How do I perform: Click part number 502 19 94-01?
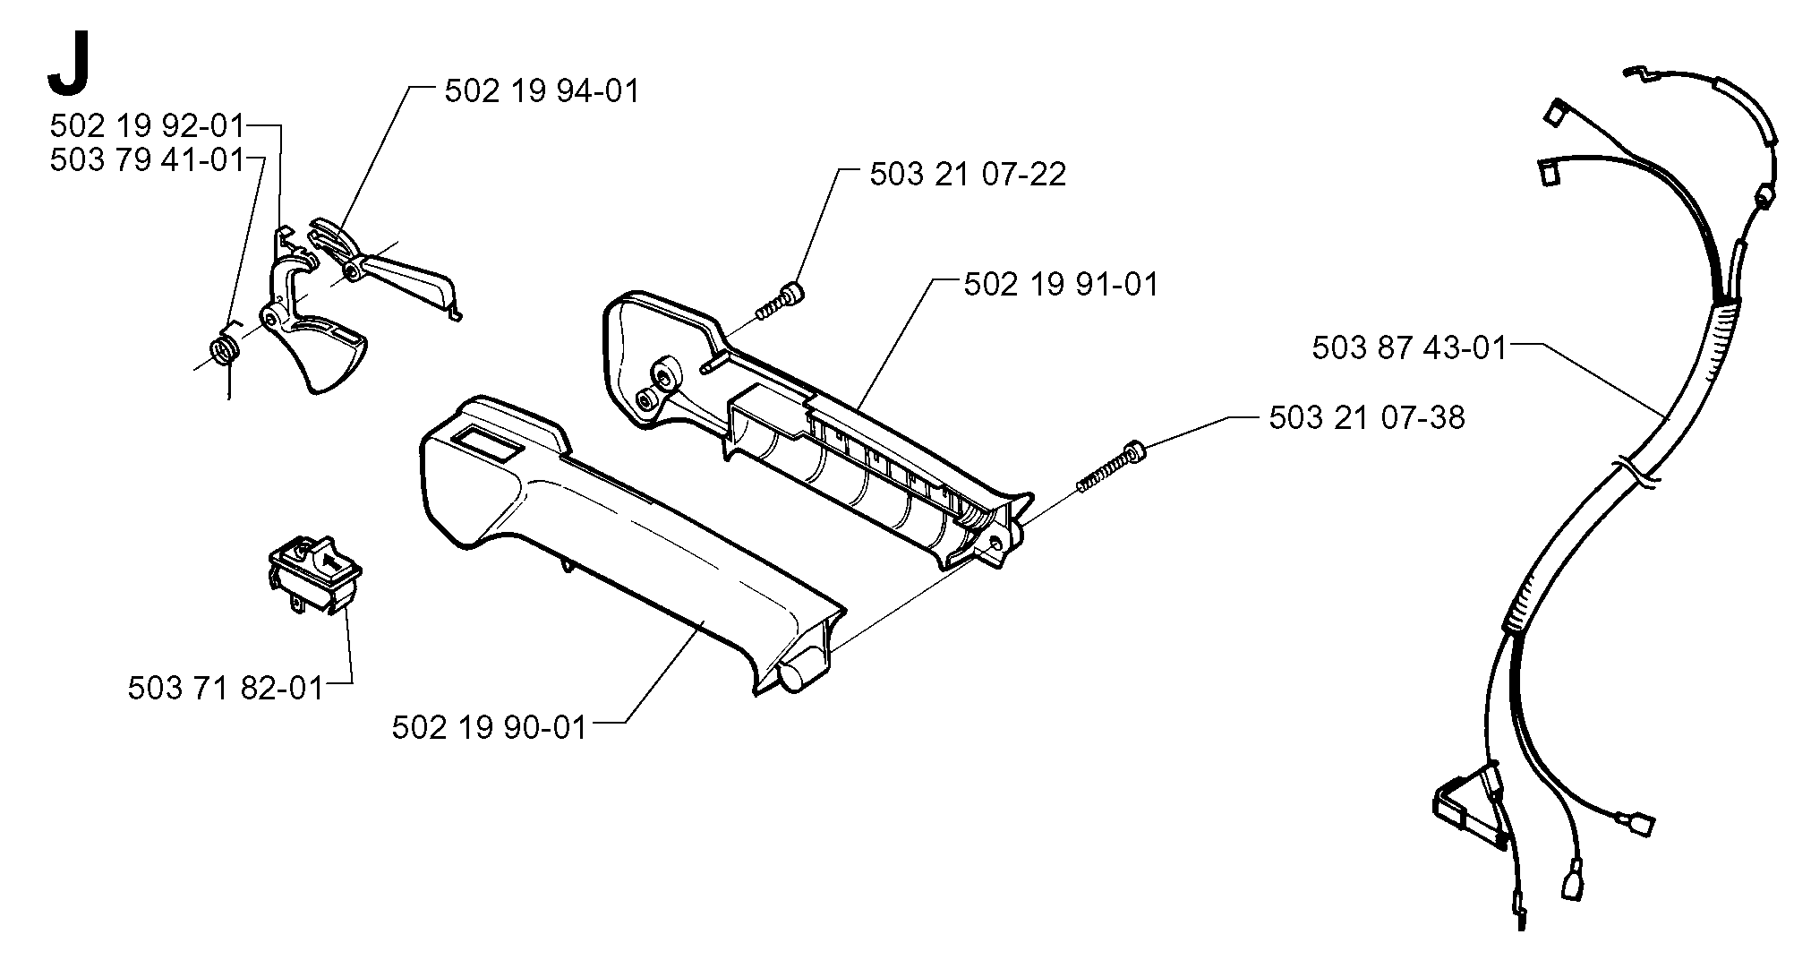(x=542, y=91)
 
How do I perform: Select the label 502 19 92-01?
(x=147, y=125)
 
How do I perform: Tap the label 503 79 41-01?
(x=147, y=160)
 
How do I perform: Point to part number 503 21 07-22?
(x=968, y=174)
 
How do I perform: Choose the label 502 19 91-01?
(x=1061, y=285)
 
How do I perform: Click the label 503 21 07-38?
(x=1367, y=417)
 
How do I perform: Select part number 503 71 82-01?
(x=226, y=688)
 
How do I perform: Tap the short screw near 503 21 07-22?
(x=779, y=301)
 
